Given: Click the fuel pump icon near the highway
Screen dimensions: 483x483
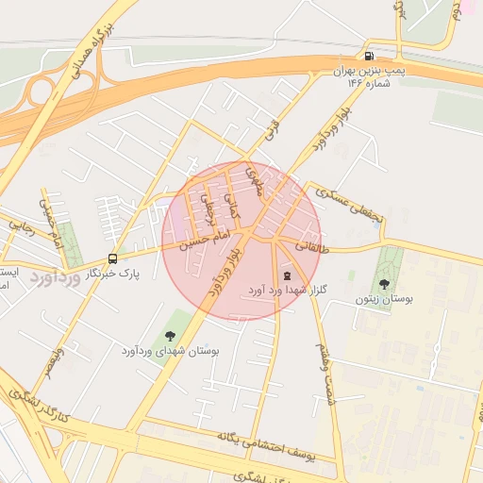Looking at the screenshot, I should (x=368, y=56).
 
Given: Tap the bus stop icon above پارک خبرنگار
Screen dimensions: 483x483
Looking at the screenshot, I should (x=113, y=258).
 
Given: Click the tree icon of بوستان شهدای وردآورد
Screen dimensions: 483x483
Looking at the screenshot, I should (x=170, y=335).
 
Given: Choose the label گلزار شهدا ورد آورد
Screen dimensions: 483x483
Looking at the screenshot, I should (x=287, y=291).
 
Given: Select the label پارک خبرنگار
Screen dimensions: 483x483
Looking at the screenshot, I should (x=112, y=274).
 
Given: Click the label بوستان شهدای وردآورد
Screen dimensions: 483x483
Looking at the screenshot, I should (x=170, y=351).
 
